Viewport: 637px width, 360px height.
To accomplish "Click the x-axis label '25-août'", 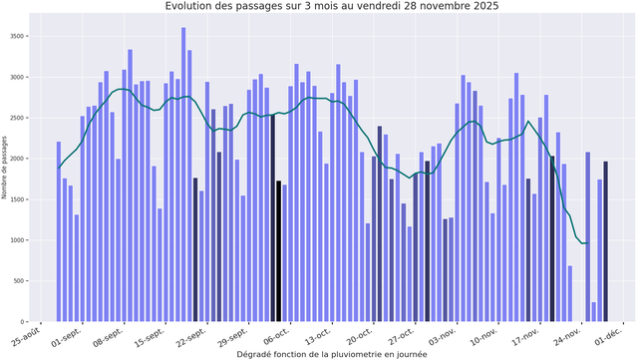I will pos(28,336).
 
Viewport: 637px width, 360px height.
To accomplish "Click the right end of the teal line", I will pos(588,243).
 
